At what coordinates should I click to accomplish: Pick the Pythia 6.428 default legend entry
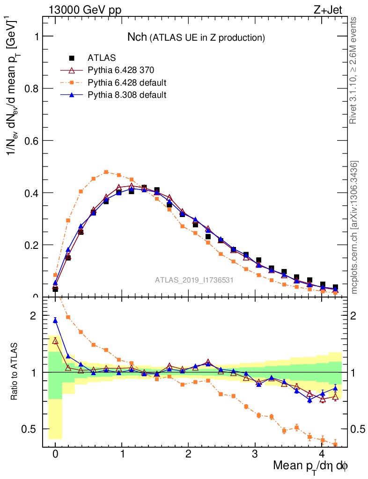click(x=127, y=83)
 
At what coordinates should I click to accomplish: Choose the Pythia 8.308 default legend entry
click(x=127, y=95)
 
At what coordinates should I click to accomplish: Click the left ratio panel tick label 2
click(x=33, y=316)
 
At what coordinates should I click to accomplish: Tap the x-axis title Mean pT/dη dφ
click(x=310, y=466)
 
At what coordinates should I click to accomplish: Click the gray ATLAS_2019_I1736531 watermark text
click(x=194, y=280)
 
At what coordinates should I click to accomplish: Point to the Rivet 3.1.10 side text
click(x=353, y=70)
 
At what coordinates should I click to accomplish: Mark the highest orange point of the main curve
click(x=106, y=172)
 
